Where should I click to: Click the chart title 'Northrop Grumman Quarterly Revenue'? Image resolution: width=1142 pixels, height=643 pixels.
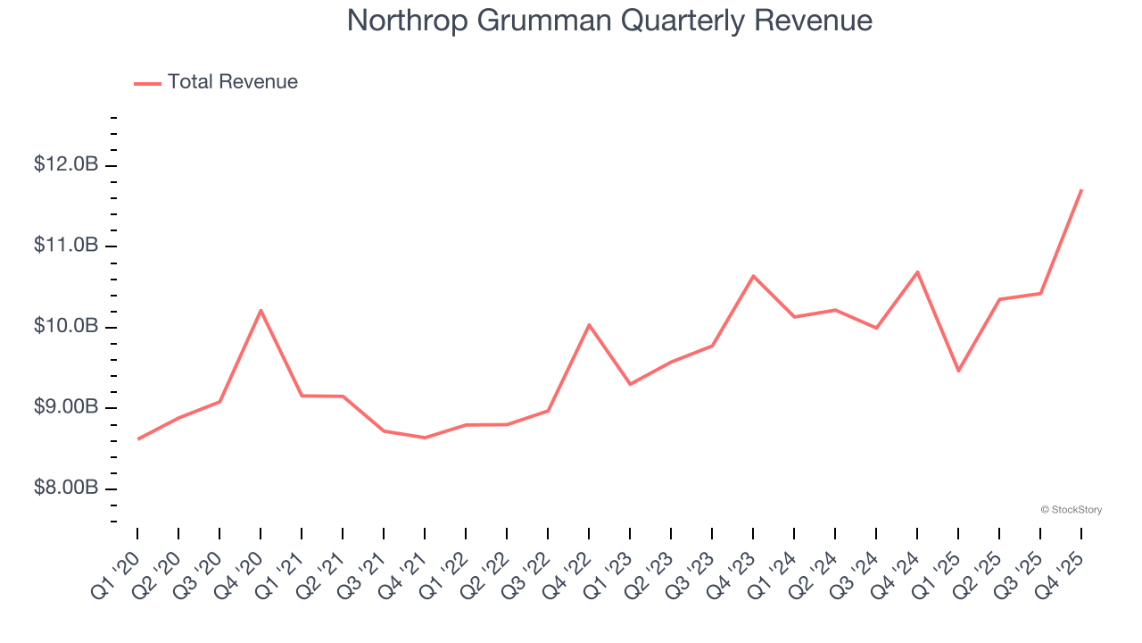click(609, 21)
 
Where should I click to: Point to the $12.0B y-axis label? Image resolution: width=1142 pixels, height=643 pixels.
click(66, 165)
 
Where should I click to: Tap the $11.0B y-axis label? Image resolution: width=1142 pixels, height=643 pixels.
click(66, 246)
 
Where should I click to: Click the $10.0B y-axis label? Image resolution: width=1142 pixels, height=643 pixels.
click(66, 327)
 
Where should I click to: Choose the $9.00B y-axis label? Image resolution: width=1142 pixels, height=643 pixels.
click(66, 408)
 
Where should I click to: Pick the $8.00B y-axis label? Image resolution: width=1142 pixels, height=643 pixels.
click(66, 489)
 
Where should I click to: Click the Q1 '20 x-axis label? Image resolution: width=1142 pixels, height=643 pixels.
click(116, 564)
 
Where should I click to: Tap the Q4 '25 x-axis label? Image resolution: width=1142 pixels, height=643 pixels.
click(1061, 564)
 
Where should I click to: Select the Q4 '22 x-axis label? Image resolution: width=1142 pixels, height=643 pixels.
click(568, 564)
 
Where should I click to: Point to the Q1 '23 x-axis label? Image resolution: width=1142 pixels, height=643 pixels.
click(609, 564)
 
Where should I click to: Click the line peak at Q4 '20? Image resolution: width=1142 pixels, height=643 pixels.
click(261, 310)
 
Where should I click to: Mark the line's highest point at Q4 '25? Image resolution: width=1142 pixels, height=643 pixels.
click(1081, 189)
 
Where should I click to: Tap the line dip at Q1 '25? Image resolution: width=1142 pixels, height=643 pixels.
click(958, 371)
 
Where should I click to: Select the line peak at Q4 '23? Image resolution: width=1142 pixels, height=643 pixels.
click(753, 276)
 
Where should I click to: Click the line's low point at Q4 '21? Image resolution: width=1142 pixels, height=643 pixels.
click(425, 438)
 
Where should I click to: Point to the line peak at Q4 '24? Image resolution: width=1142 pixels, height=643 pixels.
click(917, 271)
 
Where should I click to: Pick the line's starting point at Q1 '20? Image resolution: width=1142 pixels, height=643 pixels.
click(137, 438)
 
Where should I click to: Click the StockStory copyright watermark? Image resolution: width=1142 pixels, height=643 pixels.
click(1071, 510)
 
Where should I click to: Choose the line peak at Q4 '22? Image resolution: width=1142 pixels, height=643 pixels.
click(589, 324)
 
